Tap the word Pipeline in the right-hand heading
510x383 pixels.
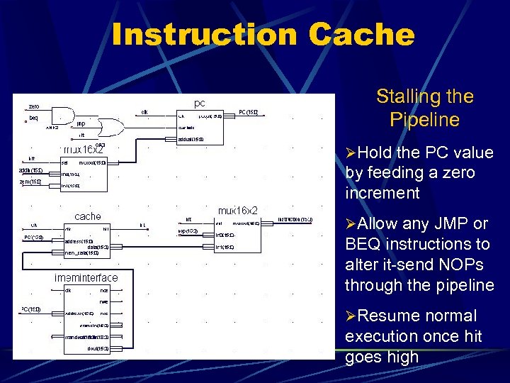tap(424, 119)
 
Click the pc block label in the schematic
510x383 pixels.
tap(200, 103)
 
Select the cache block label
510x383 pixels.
tap(88, 216)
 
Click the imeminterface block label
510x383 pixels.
tap(86, 277)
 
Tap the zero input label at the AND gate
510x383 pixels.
tap(34, 107)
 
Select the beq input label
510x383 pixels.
tap(33, 118)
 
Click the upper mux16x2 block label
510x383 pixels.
tap(84, 150)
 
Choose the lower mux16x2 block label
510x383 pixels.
tap(237, 211)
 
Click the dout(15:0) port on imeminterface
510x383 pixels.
tap(98, 348)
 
